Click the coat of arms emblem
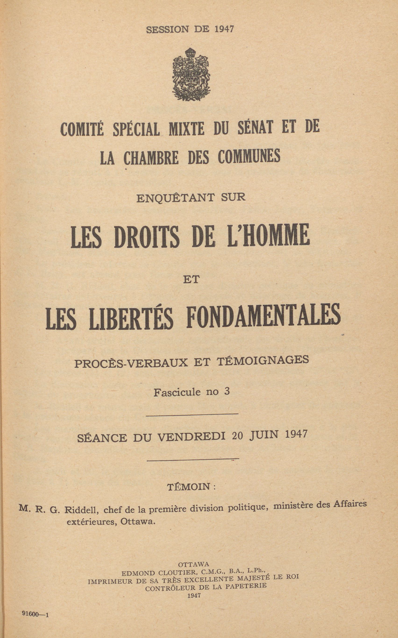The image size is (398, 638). (191, 75)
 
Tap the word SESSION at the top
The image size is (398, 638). (167, 29)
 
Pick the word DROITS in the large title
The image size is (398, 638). (147, 236)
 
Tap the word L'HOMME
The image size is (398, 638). (268, 235)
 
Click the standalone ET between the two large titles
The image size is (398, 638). (191, 279)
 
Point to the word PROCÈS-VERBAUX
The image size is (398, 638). (131, 363)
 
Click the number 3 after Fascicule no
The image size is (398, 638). (227, 391)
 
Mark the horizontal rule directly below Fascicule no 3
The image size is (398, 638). (192, 415)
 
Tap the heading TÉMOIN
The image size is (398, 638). (189, 487)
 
